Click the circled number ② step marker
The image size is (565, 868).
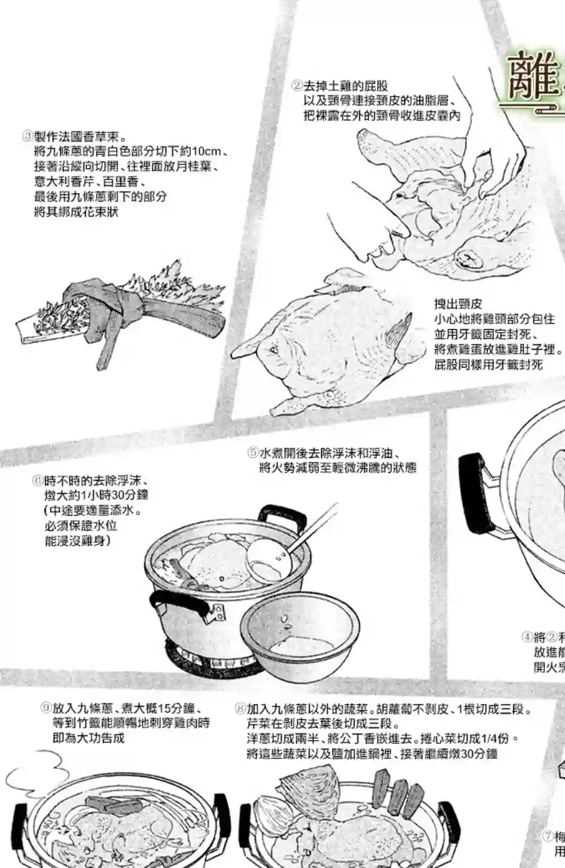(x=297, y=85)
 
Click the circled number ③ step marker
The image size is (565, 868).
(x=27, y=136)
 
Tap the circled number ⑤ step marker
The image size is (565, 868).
(x=252, y=453)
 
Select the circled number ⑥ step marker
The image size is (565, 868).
(x=38, y=481)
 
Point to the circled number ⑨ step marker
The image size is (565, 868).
(x=46, y=708)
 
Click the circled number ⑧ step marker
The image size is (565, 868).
(x=240, y=709)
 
